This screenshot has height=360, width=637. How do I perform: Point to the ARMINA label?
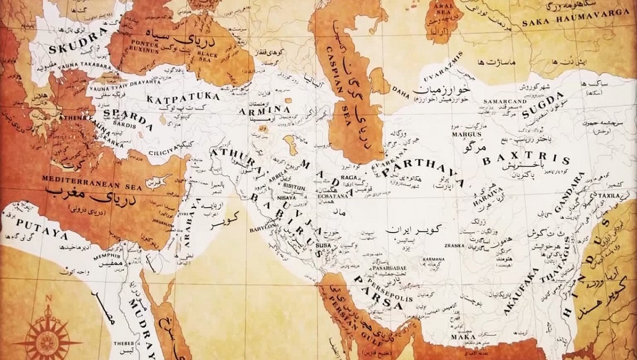coord(272,110)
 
